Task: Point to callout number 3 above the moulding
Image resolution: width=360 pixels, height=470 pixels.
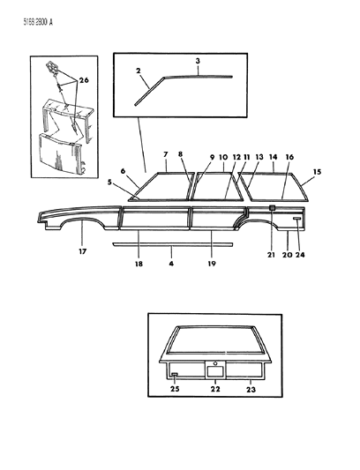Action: (199, 62)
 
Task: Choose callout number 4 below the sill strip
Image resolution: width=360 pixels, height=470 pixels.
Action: (170, 261)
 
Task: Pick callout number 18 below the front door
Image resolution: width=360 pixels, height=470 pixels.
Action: (138, 262)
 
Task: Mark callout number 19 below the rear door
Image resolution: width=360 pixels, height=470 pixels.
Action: (212, 262)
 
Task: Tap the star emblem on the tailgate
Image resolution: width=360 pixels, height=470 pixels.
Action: (215, 362)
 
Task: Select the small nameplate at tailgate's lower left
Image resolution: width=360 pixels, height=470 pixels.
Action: (174, 375)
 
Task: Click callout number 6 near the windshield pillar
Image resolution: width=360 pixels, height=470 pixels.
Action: (122, 170)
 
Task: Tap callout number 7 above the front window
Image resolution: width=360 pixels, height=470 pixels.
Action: (165, 155)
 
